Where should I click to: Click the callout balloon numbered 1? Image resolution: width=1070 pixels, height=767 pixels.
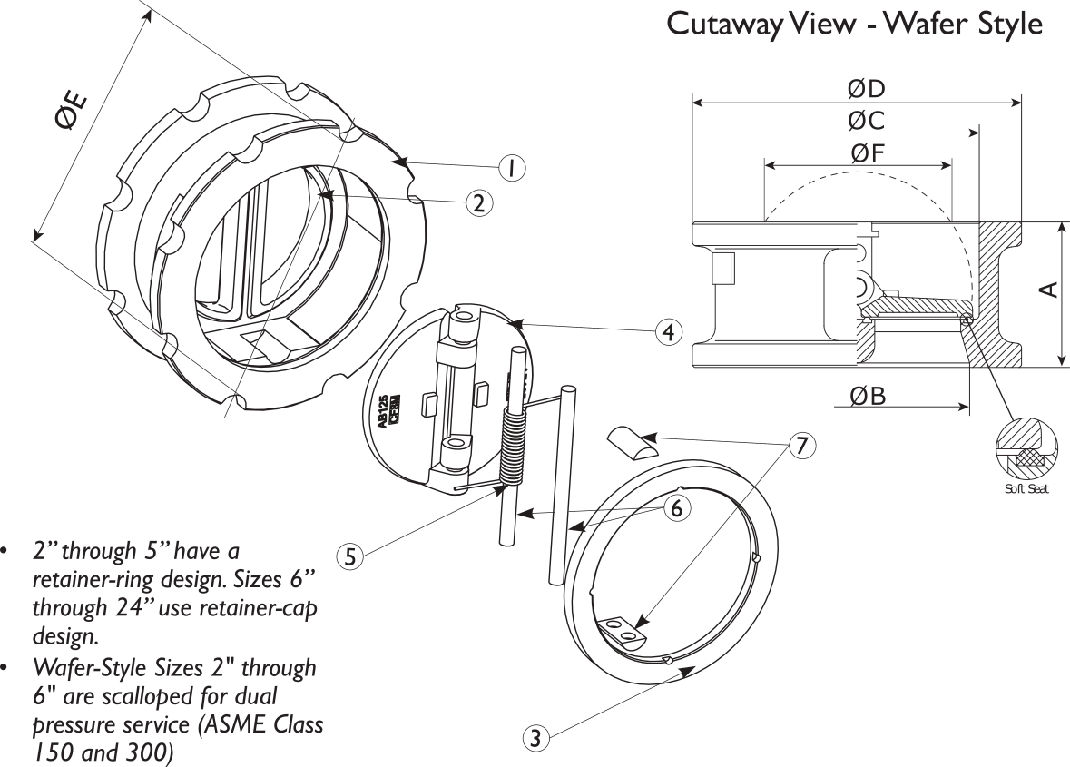(512, 168)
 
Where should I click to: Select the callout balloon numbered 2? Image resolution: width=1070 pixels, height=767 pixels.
(479, 202)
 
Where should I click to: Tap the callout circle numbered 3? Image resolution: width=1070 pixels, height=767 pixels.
(536, 739)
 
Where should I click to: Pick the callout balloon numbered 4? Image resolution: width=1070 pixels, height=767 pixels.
(669, 332)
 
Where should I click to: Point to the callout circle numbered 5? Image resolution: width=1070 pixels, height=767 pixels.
(349, 556)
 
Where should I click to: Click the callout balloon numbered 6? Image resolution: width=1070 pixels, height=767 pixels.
(676, 509)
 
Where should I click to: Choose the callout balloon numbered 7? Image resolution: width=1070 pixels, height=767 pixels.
(801, 446)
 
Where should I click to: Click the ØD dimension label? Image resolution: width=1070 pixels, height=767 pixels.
(866, 89)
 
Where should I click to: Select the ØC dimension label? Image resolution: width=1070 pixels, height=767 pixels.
(866, 121)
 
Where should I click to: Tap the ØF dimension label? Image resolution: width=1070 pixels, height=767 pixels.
(866, 153)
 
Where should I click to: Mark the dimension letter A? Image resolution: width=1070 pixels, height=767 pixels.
(1047, 289)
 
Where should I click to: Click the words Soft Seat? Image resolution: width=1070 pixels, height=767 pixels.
(1026, 490)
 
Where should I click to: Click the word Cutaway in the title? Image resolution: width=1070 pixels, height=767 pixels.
(723, 24)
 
